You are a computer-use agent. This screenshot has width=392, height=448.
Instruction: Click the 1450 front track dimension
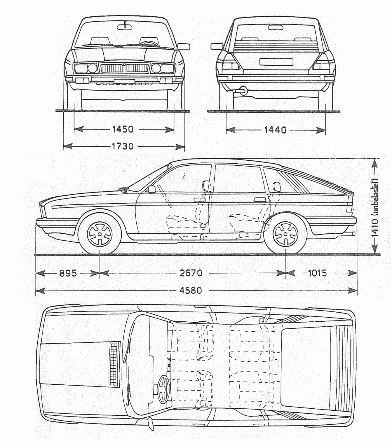123,129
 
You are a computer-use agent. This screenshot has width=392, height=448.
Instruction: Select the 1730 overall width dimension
123,146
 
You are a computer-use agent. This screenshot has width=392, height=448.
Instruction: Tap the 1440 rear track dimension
275,130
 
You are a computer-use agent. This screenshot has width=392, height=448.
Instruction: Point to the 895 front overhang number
68,273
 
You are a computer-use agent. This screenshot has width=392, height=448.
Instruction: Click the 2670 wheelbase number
191,273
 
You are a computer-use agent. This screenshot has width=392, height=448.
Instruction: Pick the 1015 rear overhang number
317,273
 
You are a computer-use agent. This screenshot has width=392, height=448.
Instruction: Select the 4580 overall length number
191,290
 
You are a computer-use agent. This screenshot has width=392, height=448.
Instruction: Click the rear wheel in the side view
285,233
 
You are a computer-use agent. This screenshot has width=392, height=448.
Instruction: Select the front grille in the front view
125,69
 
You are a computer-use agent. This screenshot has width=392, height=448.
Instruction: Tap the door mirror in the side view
151,189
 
